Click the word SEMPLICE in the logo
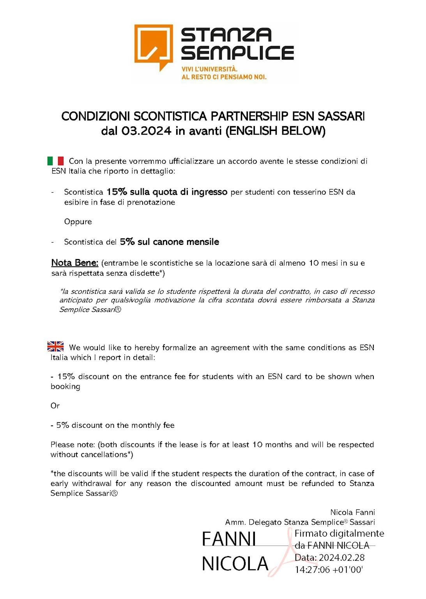237,53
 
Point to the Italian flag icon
55,161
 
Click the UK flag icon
55,346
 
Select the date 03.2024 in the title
146,131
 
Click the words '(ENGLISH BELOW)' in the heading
276,131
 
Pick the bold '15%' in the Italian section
117,192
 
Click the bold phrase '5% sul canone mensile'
170,242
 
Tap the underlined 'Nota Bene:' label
74,263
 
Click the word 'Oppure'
78,222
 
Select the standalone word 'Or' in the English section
55,406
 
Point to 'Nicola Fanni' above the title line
352,512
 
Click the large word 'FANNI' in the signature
229,539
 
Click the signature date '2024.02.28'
341,558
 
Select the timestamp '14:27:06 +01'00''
329,570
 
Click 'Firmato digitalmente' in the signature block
339,533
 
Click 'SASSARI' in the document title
341,116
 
